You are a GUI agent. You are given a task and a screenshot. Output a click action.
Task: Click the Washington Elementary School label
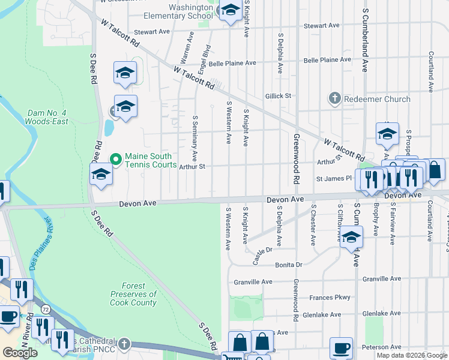(x=182, y=11)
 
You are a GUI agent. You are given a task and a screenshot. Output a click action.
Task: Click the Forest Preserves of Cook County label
(x=133, y=295)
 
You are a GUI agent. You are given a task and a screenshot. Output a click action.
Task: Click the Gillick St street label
(x=278, y=95)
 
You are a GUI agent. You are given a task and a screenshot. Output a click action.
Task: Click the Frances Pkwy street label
(x=330, y=298)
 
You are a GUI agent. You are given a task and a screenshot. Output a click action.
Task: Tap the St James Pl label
(x=334, y=178)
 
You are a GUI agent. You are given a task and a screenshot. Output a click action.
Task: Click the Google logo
(x=20, y=353)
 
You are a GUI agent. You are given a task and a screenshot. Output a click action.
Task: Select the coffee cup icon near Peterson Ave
(x=342, y=348)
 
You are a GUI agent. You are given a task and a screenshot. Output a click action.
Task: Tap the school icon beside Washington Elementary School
(x=229, y=10)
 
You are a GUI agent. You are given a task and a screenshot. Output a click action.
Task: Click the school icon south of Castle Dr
(x=351, y=236)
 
